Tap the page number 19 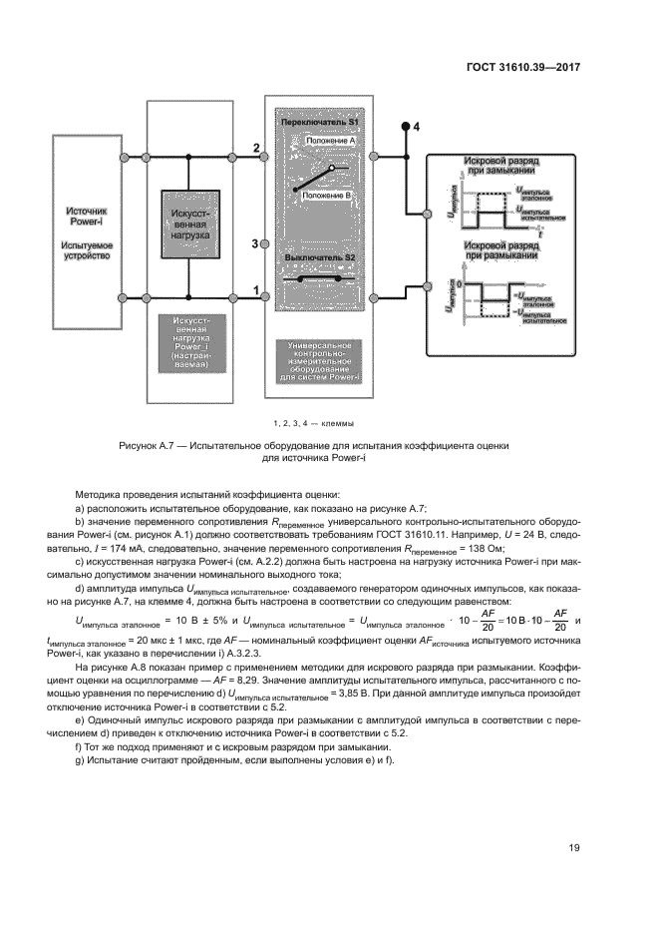click(x=574, y=848)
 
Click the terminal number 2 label click(x=256, y=148)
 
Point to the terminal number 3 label click(x=255, y=243)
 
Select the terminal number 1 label click(x=256, y=289)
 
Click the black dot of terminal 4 click(x=405, y=127)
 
